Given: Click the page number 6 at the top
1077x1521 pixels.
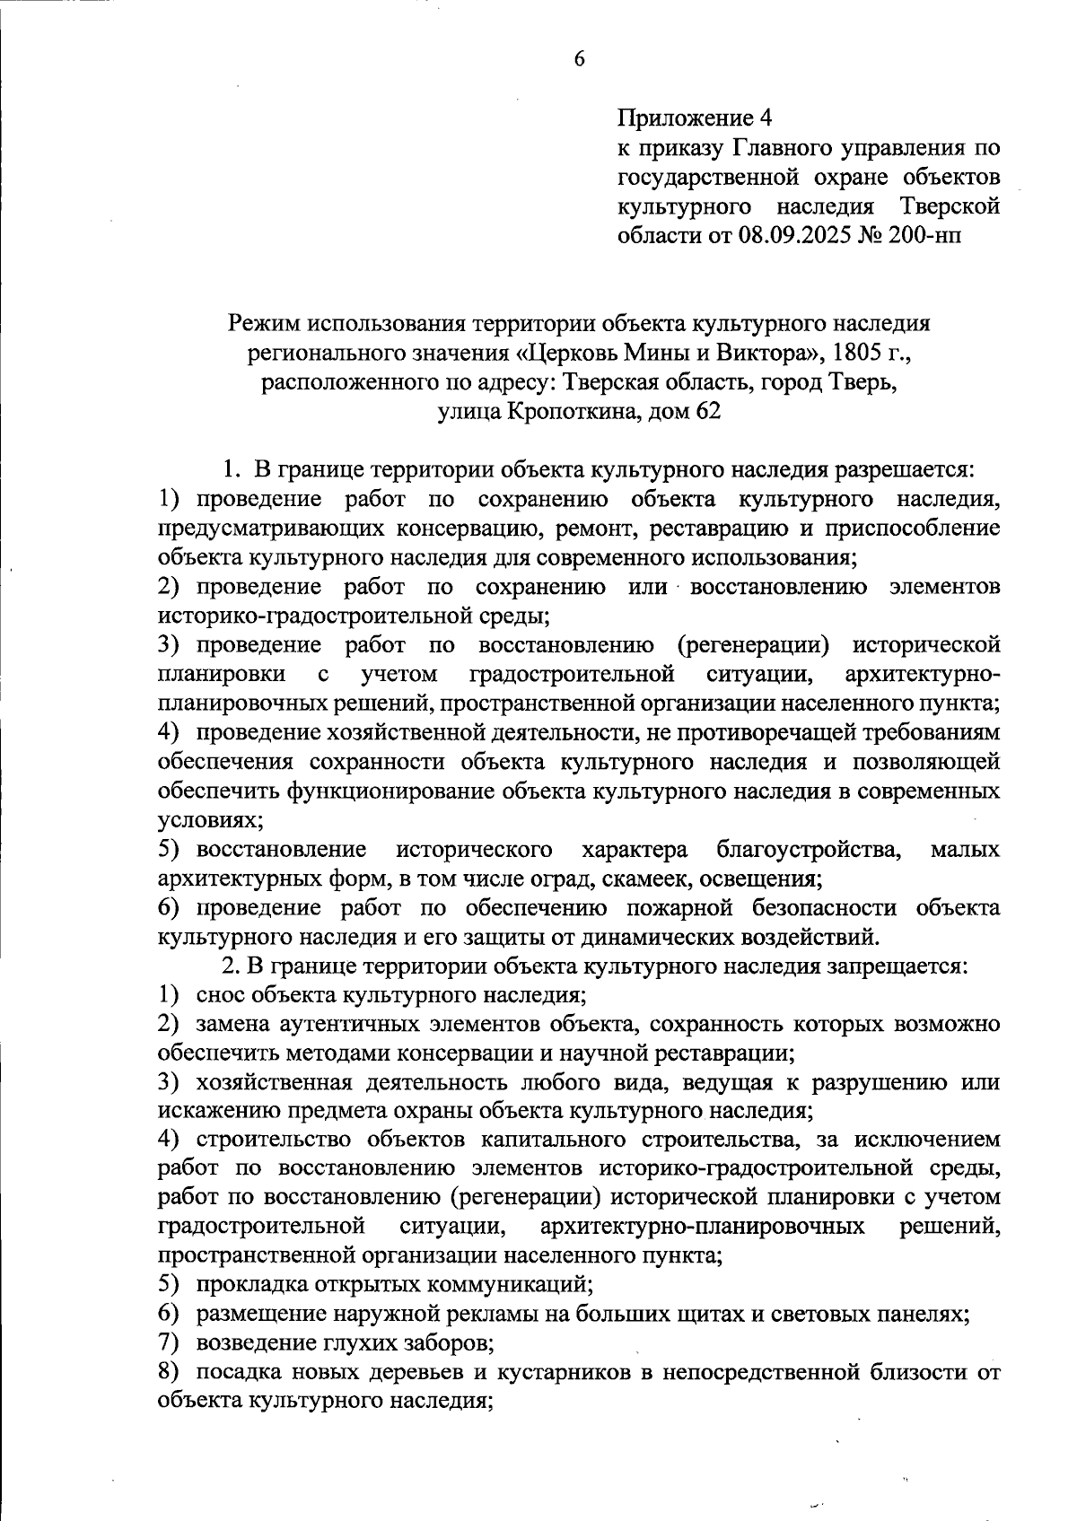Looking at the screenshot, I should (x=578, y=59).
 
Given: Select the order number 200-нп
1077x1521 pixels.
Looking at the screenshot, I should (x=932, y=236).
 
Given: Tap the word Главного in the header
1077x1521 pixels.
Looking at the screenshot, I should (x=768, y=148).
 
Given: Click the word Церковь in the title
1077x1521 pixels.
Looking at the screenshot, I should (x=580, y=353).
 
